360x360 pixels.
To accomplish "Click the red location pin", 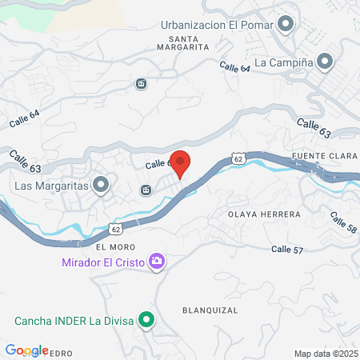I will coord(181,164).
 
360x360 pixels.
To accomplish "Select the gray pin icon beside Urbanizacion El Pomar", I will coord(284,25).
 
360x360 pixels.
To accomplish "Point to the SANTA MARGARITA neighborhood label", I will coord(189,42).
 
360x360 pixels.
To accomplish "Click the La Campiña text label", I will coord(282,62).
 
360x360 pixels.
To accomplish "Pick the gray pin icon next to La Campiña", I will coord(324,61).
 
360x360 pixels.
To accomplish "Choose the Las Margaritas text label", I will coord(50,186).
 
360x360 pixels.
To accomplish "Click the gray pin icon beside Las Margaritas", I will coord(101,186).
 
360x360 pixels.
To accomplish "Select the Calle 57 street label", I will coord(287,250).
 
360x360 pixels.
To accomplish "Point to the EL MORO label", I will coord(110,248).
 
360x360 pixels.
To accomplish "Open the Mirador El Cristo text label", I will coord(102,262).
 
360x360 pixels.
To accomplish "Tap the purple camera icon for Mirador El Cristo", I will coord(157,261).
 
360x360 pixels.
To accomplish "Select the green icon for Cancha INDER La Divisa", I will coord(146,322).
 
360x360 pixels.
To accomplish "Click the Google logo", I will coord(26,350).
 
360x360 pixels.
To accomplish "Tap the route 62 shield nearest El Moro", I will coord(117,230).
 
